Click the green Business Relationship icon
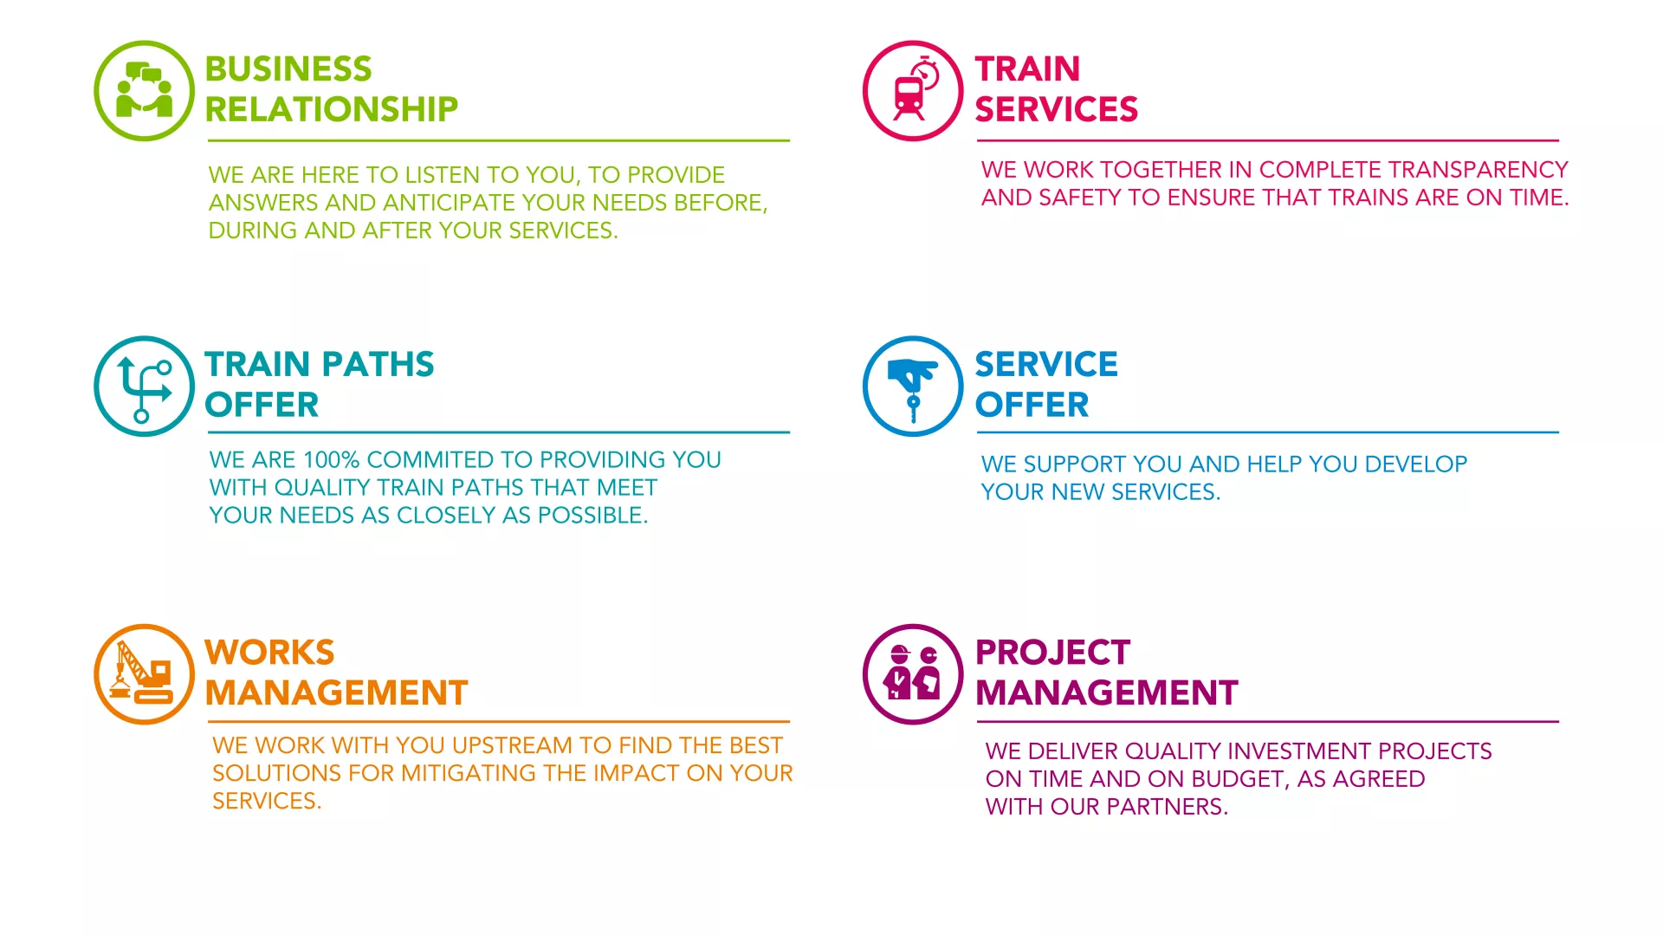(144, 90)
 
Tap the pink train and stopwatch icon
(913, 90)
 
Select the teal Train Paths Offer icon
(144, 386)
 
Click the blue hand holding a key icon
(913, 386)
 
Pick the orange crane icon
(144, 674)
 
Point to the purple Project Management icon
(913, 674)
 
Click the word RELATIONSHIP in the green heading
(331, 109)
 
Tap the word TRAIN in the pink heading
(1027, 69)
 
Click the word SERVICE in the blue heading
(1046, 365)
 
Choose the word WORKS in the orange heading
(269, 653)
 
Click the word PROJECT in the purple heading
(1052, 653)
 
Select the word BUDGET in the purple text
(1238, 780)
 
